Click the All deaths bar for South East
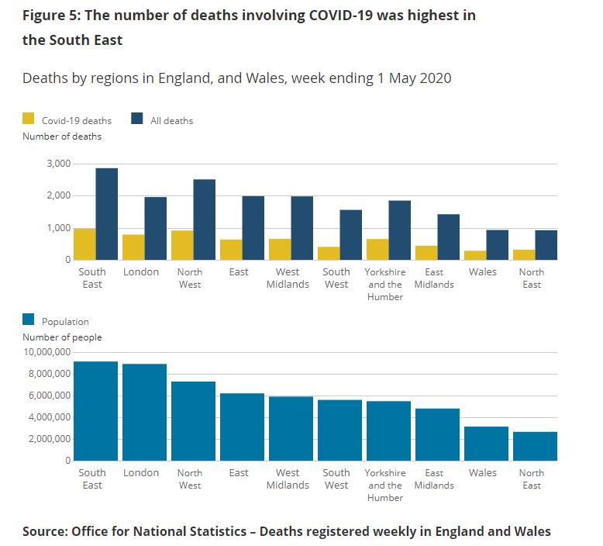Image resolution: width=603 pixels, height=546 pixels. point(107,214)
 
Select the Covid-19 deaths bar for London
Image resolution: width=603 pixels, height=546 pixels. point(133,247)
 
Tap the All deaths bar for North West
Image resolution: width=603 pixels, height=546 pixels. point(205,219)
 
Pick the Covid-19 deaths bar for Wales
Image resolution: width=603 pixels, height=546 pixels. point(475,255)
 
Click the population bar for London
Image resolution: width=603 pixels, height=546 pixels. point(144,412)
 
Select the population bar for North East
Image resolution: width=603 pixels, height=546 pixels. point(535,446)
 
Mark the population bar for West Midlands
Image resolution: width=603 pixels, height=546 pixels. point(291,428)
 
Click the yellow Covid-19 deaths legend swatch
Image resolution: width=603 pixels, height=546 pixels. point(29,119)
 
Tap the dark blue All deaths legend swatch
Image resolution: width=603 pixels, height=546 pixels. point(137,119)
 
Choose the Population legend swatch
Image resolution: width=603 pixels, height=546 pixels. point(29,320)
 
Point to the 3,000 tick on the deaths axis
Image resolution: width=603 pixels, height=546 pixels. point(57,164)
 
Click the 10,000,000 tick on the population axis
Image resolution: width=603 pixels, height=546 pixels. point(47,352)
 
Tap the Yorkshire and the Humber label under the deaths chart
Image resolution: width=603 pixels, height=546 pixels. point(385,284)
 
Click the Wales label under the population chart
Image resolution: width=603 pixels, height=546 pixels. point(483,472)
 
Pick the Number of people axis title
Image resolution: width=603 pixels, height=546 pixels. point(62,337)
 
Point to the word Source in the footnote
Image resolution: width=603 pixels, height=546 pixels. point(44,531)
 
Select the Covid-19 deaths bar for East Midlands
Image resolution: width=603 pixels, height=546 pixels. point(426,253)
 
